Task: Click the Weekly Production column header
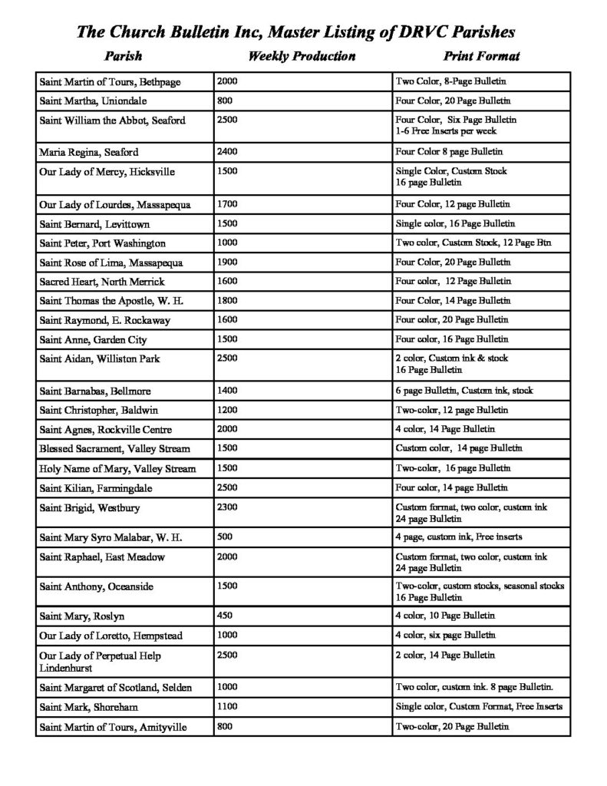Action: pyautogui.click(x=302, y=56)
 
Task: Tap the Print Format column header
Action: pyautogui.click(x=481, y=56)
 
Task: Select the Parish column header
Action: pyautogui.click(x=123, y=56)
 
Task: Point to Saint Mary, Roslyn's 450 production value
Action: pyautogui.click(x=226, y=616)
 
